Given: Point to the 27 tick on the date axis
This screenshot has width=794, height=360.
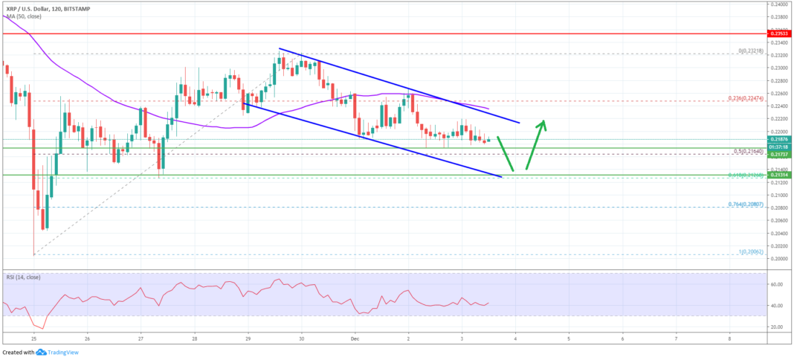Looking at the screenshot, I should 141,338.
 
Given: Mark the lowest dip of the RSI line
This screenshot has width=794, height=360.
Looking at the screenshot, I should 42,328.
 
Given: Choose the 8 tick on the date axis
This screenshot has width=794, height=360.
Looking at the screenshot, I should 729,338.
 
